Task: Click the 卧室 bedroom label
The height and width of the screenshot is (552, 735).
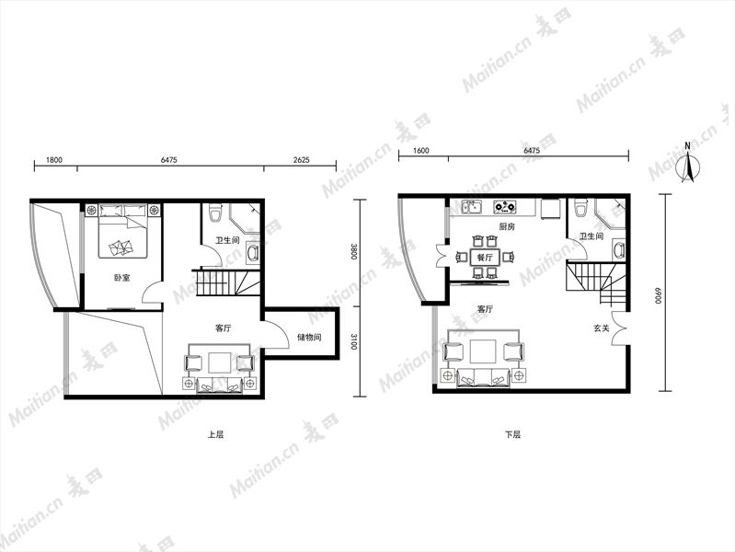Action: coord(121,278)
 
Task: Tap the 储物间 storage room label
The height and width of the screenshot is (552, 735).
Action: coord(309,338)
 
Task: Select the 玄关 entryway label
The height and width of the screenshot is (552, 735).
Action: coord(602,328)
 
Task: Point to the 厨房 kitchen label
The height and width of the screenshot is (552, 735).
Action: coord(507,226)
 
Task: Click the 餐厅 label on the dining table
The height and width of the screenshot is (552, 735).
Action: coord(485,258)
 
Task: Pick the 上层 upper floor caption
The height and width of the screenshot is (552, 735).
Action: coord(216,434)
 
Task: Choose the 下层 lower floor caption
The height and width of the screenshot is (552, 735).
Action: coord(512,434)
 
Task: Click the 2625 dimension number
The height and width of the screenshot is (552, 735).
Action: coord(302,160)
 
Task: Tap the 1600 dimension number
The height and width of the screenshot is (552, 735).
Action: coord(421,151)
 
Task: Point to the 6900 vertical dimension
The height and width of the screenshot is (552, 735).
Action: coord(658,296)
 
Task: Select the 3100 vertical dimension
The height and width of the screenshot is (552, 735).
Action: coord(354,341)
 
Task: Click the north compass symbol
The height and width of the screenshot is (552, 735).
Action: coord(688,163)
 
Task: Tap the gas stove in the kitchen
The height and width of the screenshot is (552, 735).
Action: coord(505,205)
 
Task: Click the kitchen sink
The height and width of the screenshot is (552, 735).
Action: coord(472,206)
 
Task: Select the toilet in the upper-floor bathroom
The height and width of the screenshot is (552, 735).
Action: coord(215,213)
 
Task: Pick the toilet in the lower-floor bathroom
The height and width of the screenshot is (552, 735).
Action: coord(580,208)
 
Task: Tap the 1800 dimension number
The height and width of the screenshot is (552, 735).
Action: coord(54,160)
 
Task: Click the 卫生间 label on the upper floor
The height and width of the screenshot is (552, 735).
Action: coord(227,241)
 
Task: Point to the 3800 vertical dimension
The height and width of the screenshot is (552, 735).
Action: coord(354,252)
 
